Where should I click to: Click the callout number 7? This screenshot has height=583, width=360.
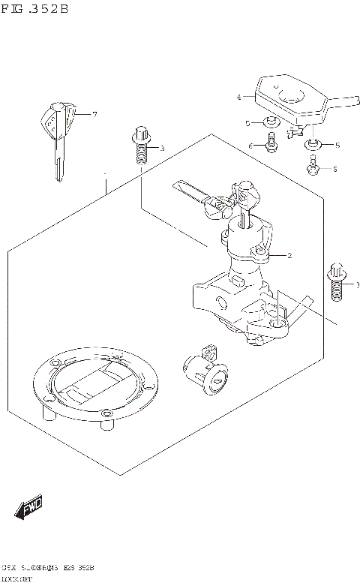click(x=95, y=114)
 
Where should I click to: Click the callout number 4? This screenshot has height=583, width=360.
click(x=238, y=98)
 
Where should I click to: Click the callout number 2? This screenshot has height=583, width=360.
click(x=289, y=256)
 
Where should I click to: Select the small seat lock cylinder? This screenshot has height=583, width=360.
click(x=204, y=369)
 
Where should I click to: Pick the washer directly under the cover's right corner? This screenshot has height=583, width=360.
click(x=311, y=144)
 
